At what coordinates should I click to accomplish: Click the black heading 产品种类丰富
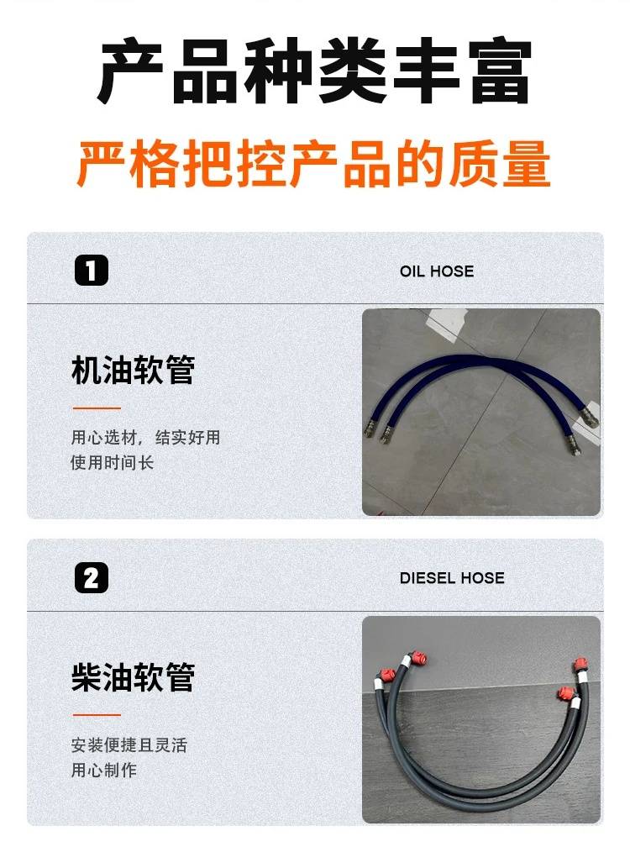point(315,71)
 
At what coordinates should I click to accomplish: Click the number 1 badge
point(92,270)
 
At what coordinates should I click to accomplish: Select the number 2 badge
point(92,577)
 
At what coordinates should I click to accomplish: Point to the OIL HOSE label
point(437,271)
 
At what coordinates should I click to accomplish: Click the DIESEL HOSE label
point(452,578)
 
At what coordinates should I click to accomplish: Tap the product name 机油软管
point(133,370)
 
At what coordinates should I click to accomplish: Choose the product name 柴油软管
point(133,677)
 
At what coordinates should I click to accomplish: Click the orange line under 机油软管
point(97,408)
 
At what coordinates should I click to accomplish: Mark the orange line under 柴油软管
point(97,715)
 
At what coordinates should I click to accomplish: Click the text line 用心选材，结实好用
point(145,438)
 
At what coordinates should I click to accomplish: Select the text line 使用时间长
point(113,462)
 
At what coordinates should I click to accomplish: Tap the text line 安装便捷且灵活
point(129,745)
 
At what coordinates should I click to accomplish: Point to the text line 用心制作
point(103,771)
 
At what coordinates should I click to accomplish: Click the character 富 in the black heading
point(500,71)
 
